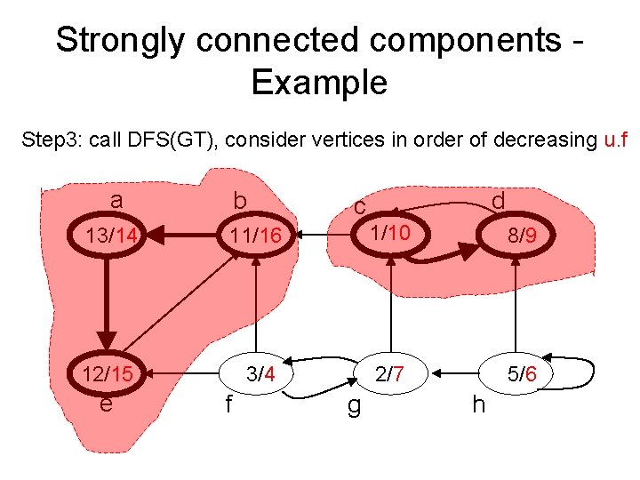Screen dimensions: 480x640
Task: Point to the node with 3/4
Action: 260,374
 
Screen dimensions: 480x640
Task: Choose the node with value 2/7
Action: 389,374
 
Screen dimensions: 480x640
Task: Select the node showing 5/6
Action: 521,374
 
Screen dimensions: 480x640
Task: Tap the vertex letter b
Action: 239,202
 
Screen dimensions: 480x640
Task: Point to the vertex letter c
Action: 359,206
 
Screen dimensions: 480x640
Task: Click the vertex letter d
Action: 498,201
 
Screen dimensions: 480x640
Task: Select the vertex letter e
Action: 106,404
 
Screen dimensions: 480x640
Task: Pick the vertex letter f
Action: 228,405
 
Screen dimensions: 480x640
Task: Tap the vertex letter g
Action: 353,408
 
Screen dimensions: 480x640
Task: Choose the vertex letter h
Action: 478,405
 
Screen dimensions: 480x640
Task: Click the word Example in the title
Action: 319,83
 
